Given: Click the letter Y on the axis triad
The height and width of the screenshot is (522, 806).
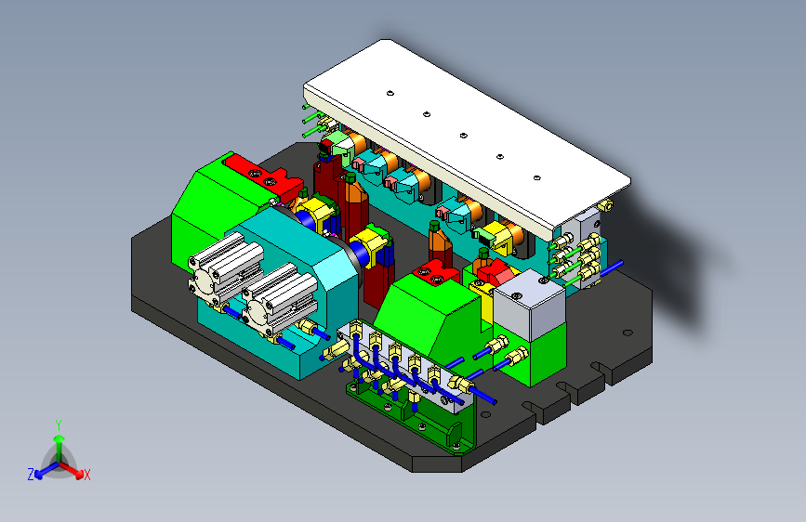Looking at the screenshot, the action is coord(59,424).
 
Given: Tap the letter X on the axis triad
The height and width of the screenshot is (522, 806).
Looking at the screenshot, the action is coord(86,475).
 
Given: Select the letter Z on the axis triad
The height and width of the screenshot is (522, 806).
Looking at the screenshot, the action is coord(31,475).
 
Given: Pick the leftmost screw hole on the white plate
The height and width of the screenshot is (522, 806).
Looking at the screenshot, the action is coord(390,94).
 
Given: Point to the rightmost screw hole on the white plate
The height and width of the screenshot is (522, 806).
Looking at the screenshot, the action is coord(536,177).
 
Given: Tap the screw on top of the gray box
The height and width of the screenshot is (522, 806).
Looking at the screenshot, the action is coord(517,296).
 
